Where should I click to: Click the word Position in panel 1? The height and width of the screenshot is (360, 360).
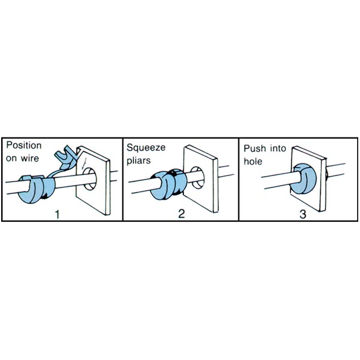coord(24,146)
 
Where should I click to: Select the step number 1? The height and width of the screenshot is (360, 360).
coord(57,214)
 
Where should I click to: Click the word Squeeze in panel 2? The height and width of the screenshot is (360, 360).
coord(146,148)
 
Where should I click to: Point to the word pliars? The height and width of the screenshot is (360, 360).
coord(139,161)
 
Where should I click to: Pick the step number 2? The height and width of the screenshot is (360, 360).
coord(181,214)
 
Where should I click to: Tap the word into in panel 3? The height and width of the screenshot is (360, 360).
coord(278,149)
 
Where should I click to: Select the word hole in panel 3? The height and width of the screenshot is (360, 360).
coord(253,161)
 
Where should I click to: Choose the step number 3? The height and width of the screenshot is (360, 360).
coord(303,214)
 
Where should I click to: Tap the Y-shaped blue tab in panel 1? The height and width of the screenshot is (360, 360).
coord(65,157)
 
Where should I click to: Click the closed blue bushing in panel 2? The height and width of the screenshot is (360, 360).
coord(167,185)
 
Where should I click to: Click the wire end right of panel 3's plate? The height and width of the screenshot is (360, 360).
coord(336,170)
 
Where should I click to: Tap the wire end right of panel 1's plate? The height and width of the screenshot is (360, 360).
coord(114,176)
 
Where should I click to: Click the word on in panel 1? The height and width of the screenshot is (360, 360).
coord(11,159)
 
